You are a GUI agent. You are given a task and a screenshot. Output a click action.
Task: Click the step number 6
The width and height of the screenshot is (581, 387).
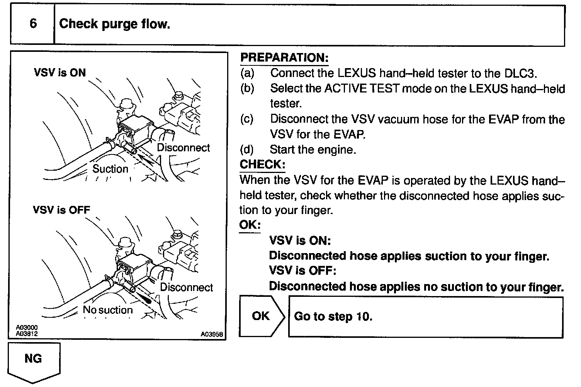pyautogui.click(x=33, y=24)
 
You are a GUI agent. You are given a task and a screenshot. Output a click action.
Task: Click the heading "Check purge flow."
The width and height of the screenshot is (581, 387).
pyautogui.click(x=114, y=24)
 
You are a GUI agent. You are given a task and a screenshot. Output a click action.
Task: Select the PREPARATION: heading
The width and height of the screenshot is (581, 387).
pyautogui.click(x=284, y=58)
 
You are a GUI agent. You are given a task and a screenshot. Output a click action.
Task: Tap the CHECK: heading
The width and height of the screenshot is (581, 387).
pyautogui.click(x=262, y=164)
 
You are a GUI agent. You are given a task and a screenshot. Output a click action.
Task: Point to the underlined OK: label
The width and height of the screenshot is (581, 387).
pyautogui.click(x=250, y=225)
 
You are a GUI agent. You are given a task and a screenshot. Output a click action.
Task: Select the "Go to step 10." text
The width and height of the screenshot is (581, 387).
pyautogui.click(x=333, y=317)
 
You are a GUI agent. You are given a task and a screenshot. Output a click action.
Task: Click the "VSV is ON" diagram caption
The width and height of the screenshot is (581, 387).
pyautogui.click(x=60, y=72)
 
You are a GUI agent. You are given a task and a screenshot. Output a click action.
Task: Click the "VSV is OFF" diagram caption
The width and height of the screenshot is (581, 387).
pyautogui.click(x=61, y=210)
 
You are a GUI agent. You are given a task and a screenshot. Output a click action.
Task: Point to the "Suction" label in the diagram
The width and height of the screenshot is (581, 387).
pyautogui.click(x=110, y=169)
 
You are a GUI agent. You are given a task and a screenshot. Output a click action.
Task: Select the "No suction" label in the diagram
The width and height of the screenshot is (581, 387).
pyautogui.click(x=108, y=310)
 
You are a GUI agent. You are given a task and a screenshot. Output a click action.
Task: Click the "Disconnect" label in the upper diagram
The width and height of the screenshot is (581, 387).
pyautogui.click(x=183, y=148)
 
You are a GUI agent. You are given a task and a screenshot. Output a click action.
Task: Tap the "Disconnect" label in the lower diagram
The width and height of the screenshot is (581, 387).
pyautogui.click(x=187, y=287)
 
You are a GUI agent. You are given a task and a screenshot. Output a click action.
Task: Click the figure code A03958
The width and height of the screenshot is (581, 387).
pyautogui.click(x=211, y=334)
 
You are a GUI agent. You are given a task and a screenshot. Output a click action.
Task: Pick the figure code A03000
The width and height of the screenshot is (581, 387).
pyautogui.click(x=27, y=327)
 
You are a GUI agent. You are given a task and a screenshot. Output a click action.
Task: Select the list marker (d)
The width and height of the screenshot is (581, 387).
pyautogui.click(x=247, y=149)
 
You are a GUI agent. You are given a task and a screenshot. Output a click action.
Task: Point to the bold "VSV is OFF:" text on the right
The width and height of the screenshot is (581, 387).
pyautogui.click(x=302, y=271)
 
